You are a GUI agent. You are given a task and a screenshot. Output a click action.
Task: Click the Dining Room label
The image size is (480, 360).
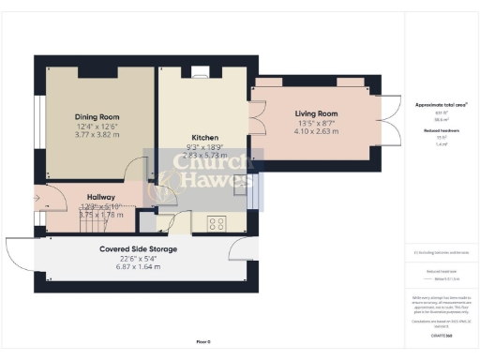click(97, 117)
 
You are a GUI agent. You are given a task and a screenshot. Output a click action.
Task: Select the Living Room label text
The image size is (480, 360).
click(316, 113)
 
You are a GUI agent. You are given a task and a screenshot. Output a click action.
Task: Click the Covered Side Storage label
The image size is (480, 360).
click(138, 249)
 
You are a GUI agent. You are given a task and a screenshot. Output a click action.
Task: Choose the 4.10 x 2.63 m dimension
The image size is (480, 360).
click(316, 131)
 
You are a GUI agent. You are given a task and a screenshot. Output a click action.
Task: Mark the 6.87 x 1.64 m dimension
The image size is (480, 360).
click(138, 267)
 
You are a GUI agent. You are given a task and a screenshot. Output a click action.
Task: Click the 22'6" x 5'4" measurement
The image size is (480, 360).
click(138, 259)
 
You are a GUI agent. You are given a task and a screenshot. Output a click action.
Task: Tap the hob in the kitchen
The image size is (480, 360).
click(216, 223)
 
